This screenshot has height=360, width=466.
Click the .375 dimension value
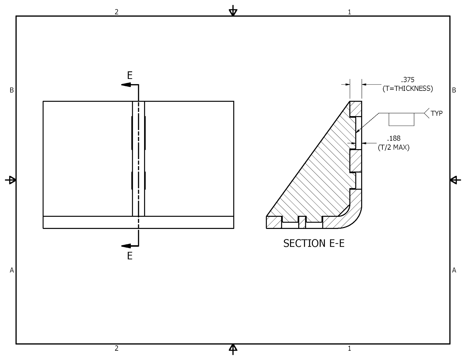pos(407,80)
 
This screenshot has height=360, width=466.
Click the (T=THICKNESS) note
pos(407,89)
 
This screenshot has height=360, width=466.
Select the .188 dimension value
pos(393,139)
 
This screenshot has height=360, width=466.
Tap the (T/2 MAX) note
pos(393,147)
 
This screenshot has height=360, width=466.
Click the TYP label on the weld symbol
pos(437,114)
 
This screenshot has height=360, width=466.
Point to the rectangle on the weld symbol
pos(401,119)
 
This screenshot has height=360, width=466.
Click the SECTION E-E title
pos(314,243)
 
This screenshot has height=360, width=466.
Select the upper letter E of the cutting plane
pos(130,76)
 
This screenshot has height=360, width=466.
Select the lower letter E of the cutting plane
pos(130,256)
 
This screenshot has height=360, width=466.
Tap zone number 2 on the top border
pos(116,12)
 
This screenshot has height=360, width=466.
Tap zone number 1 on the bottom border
pos(349,348)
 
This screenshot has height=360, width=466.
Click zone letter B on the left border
pos(12,90)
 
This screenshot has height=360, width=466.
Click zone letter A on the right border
pos(454,270)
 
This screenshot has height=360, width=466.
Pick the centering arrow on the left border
pos(11,180)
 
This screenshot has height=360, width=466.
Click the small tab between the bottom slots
pos(302,222)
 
